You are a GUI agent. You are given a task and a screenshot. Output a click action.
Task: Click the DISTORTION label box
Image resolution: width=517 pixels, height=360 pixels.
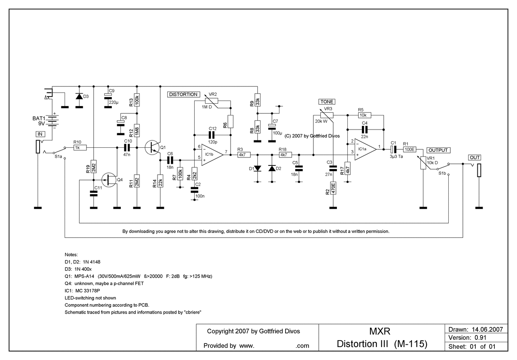(183, 94)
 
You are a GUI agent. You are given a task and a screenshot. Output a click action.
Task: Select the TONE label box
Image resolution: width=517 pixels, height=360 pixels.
(326, 102)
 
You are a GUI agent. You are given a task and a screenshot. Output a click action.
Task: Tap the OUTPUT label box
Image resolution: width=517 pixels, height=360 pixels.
(438, 150)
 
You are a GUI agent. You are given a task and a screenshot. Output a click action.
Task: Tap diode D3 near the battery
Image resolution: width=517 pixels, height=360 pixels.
(79, 96)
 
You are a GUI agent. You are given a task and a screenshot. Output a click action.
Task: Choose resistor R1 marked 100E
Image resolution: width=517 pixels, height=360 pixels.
(410, 149)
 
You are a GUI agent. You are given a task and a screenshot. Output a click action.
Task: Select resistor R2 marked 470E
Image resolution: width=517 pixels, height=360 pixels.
(333, 188)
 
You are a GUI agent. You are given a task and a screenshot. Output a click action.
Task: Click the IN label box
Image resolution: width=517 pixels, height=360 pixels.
(40, 134)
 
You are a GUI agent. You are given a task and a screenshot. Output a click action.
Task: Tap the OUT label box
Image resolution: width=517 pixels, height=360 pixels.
(475, 157)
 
